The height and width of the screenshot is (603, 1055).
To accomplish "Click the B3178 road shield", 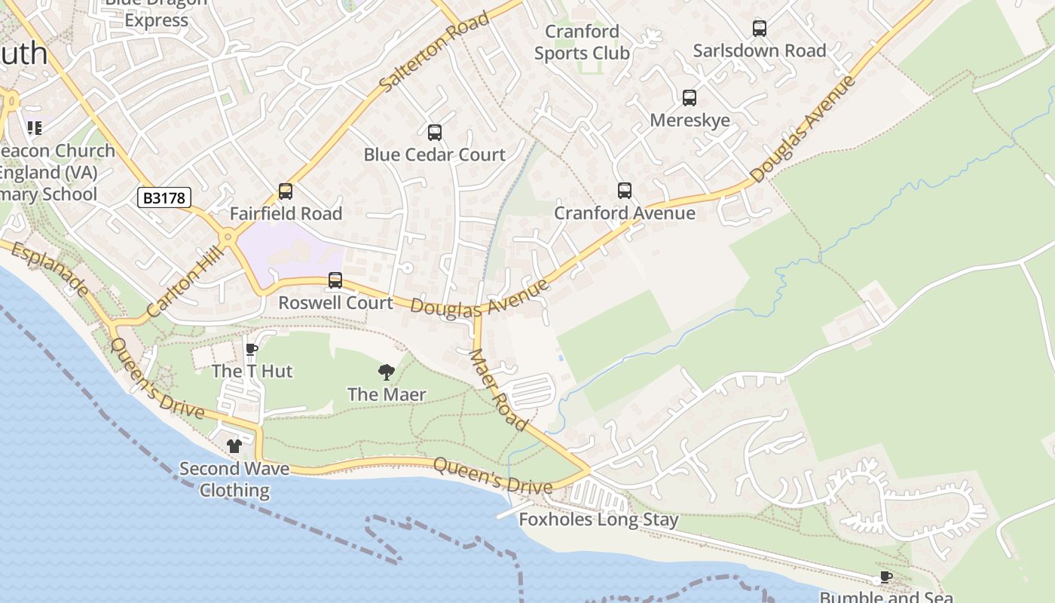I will click(164, 198).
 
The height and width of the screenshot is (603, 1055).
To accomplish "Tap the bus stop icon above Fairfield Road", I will click(285, 191).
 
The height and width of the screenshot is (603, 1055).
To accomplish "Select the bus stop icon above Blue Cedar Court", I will click(434, 133).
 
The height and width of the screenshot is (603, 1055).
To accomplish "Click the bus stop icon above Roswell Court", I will click(335, 280).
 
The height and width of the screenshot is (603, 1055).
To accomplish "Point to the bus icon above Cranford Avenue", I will click(624, 191).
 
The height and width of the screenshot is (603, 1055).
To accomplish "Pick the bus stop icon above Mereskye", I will click(689, 98).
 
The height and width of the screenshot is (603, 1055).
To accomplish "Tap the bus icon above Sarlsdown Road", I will click(759, 29).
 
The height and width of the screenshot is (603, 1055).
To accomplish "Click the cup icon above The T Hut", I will click(252, 349).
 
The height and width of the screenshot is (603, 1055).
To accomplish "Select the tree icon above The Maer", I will click(387, 372).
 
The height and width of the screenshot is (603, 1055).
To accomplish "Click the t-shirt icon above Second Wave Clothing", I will click(234, 446).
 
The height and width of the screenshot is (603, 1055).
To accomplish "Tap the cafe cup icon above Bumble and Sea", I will click(885, 577).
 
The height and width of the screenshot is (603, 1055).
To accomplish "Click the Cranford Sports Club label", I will click(582, 42).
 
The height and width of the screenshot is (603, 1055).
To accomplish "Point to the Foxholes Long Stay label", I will click(598, 519).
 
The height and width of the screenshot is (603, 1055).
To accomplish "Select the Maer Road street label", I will click(497, 389).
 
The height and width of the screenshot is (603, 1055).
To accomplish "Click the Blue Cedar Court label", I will click(434, 155).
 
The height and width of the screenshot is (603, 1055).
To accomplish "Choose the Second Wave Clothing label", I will click(234, 479).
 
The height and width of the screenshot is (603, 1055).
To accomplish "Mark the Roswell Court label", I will click(335, 303).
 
